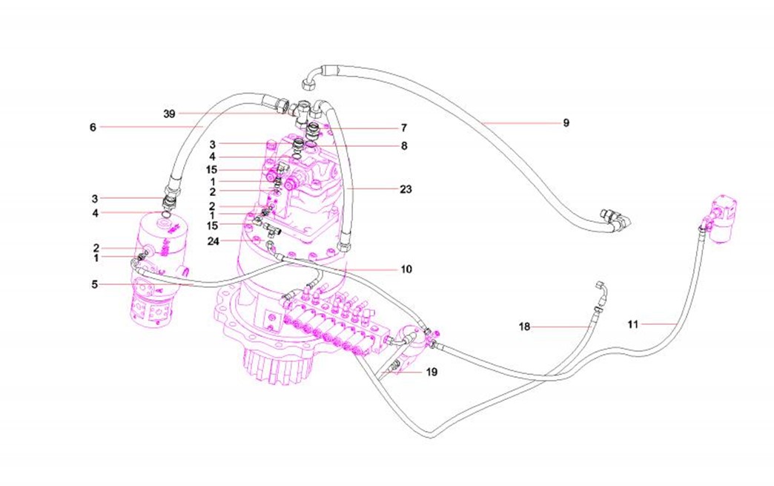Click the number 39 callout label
(x=168, y=114)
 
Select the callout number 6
(x=93, y=127)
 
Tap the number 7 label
(x=404, y=128)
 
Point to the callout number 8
(x=404, y=146)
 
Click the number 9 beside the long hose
(x=566, y=122)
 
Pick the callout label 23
(x=405, y=189)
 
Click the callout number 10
(x=406, y=269)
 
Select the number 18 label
(x=524, y=326)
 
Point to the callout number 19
(x=432, y=372)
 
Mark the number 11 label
(x=632, y=324)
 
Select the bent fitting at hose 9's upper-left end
(x=314, y=74)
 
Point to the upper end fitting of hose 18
(x=600, y=287)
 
